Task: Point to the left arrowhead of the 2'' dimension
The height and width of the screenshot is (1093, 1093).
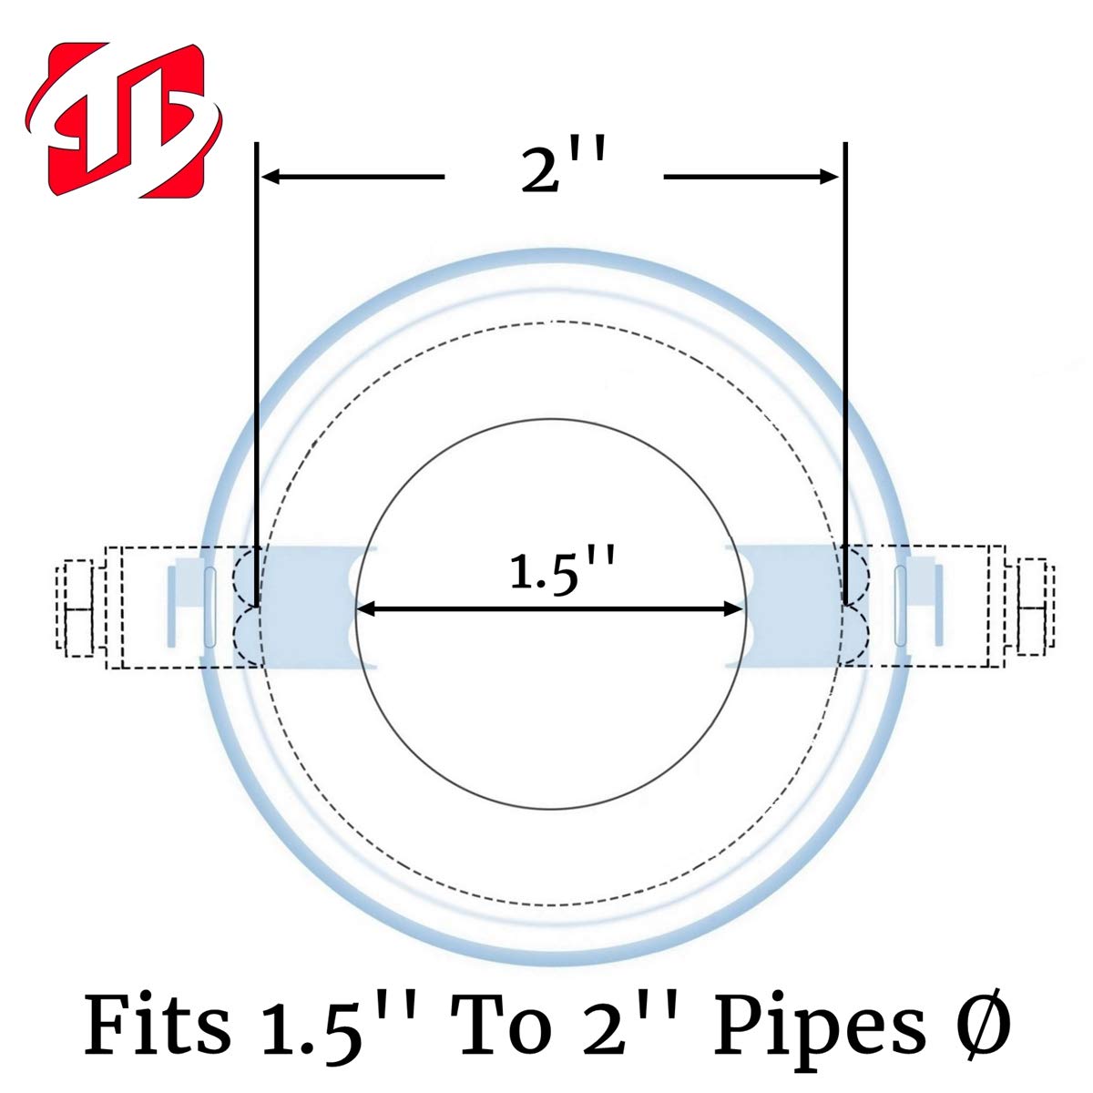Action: (x=271, y=177)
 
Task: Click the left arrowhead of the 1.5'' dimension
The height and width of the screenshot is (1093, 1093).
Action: (x=364, y=609)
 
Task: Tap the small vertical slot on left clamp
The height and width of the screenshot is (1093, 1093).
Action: (x=209, y=607)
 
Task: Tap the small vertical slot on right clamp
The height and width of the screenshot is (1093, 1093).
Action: (x=901, y=607)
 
